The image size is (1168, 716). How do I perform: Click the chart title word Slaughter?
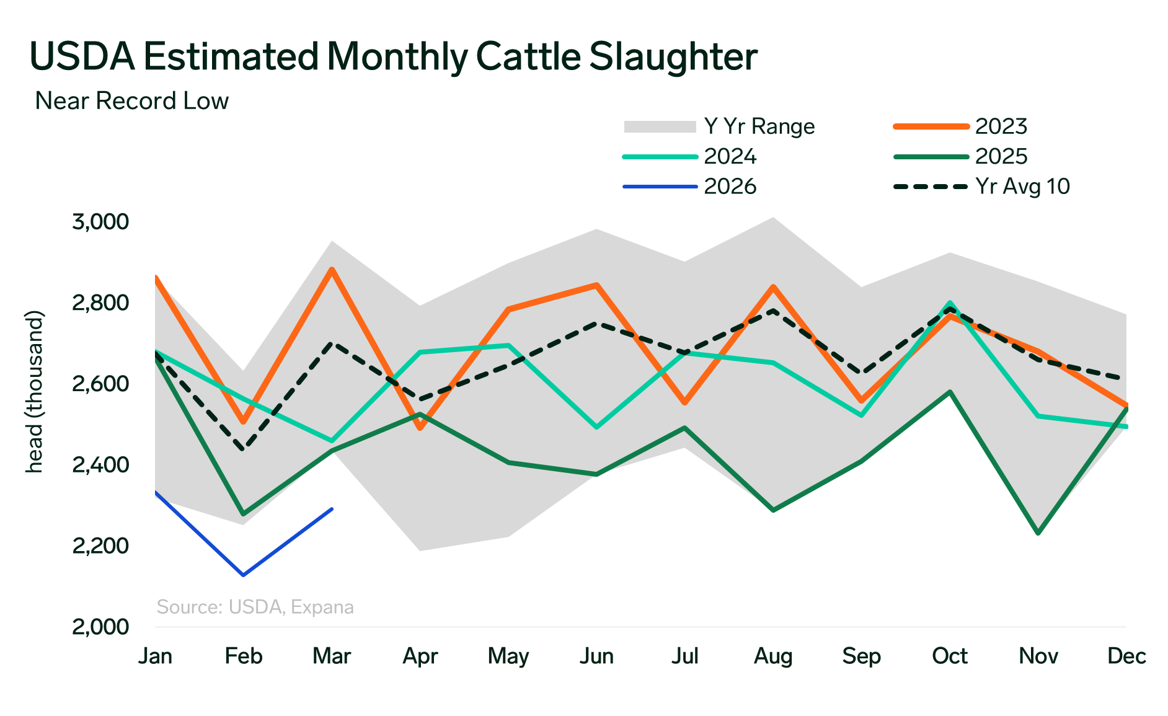(673, 57)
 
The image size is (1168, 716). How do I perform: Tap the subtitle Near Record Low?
(132, 101)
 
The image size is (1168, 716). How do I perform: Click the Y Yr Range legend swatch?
(660, 126)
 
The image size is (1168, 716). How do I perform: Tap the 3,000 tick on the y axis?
(100, 221)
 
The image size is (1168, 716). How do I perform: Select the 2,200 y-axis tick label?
(100, 546)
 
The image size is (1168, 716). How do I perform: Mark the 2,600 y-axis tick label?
(100, 384)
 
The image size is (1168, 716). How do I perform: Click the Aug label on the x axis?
(773, 656)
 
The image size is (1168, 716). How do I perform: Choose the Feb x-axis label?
(244, 656)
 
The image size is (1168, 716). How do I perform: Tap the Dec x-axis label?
(1126, 656)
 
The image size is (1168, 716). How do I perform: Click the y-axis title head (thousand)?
(35, 392)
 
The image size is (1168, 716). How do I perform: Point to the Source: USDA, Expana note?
(255, 607)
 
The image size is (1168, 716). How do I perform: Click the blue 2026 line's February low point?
(244, 575)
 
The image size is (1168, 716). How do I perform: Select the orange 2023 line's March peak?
(332, 270)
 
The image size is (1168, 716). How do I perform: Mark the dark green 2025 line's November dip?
(1038, 533)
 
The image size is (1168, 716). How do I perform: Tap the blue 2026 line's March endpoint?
(332, 510)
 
